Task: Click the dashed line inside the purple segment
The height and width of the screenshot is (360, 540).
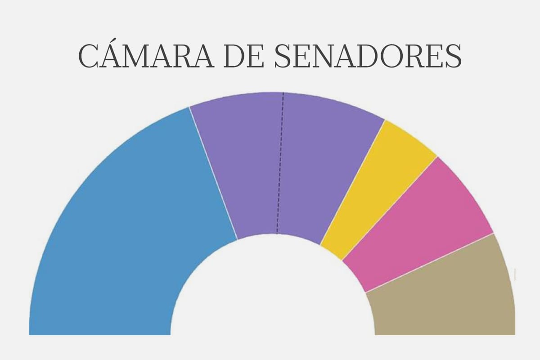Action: (280, 162)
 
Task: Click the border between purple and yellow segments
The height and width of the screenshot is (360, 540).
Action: (352, 182)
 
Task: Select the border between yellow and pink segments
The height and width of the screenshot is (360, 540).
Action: (390, 208)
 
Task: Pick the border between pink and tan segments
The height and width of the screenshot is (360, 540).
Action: (430, 263)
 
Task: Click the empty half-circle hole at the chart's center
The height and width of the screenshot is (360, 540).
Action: (273, 297)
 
